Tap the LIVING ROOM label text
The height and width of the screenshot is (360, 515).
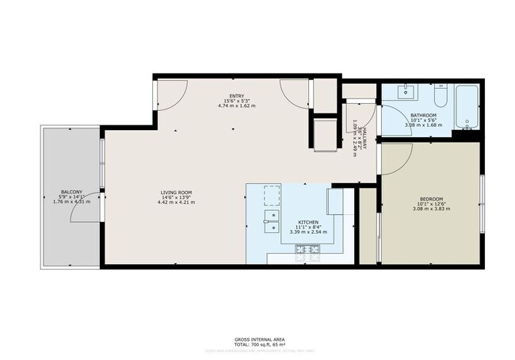(x=176, y=192)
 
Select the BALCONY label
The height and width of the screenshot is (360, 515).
(x=71, y=192)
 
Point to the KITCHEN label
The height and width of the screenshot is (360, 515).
(x=308, y=222)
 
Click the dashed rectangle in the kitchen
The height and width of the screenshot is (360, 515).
(x=272, y=194)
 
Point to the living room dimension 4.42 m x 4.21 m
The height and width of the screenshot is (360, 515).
(x=176, y=202)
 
